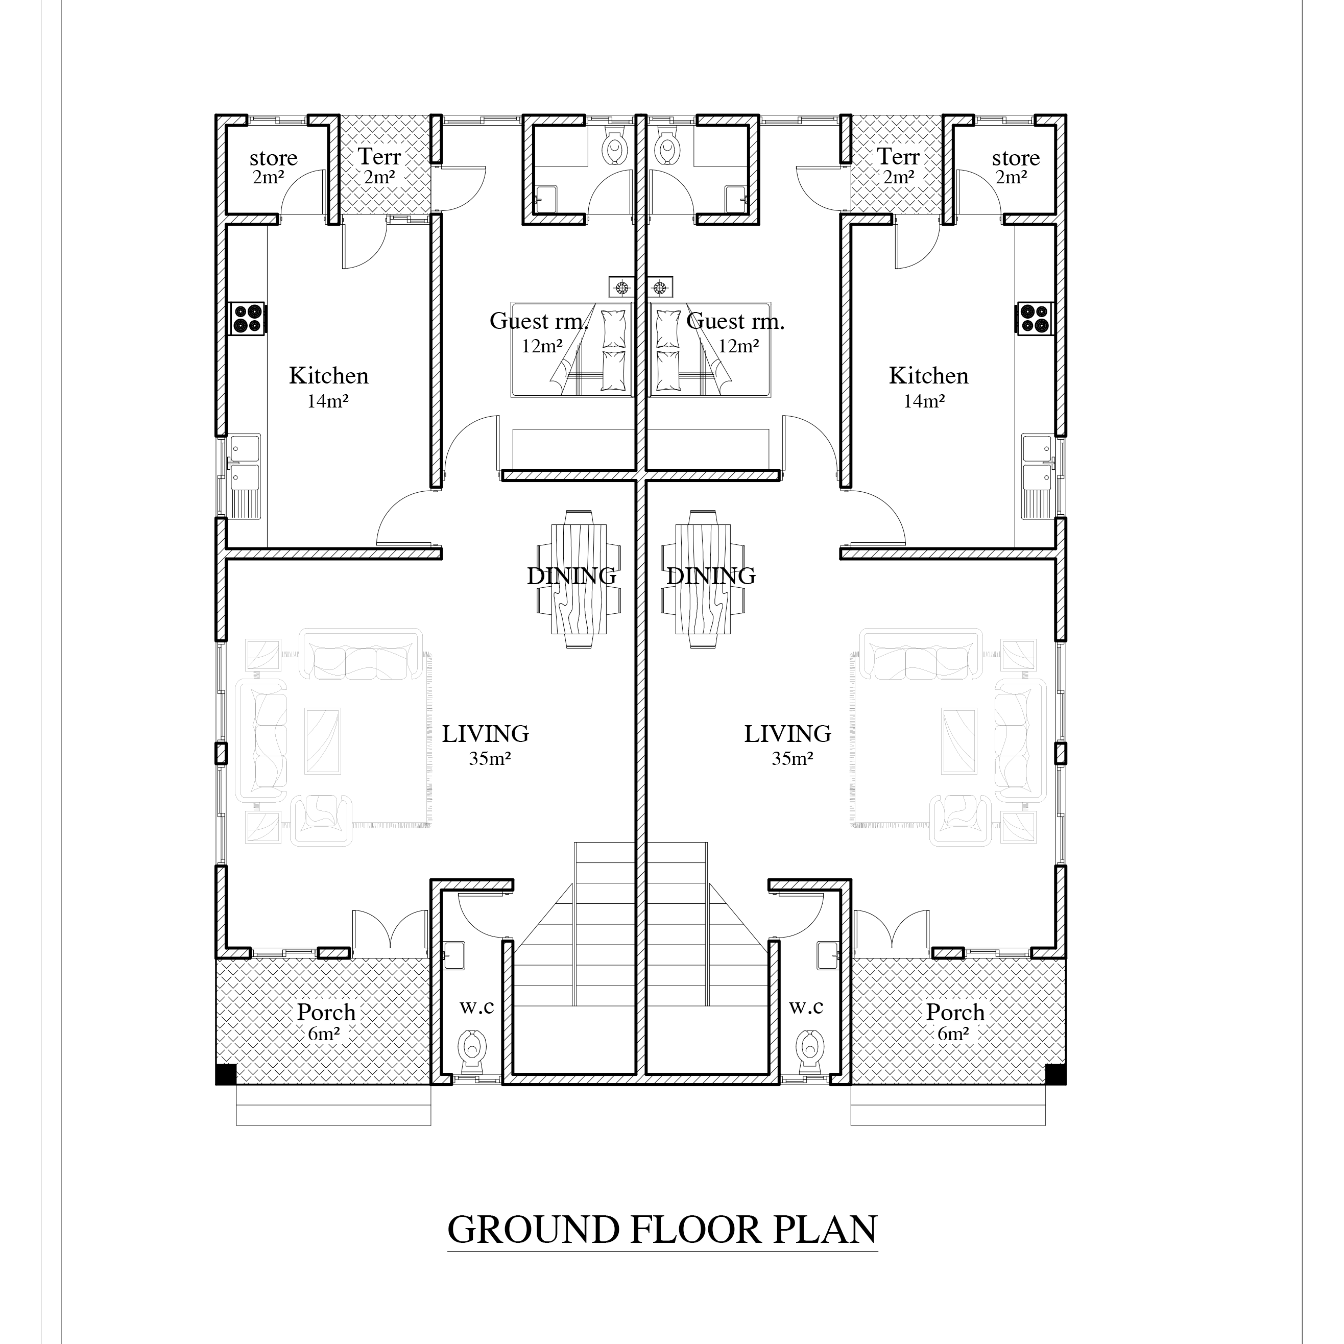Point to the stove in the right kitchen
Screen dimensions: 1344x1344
(x=1035, y=319)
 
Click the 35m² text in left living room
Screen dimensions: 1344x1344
(x=490, y=758)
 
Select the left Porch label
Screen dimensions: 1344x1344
(x=326, y=1012)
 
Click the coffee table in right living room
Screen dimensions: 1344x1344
(x=958, y=741)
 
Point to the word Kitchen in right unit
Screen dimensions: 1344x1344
(x=928, y=376)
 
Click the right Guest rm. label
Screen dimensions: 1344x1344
(x=735, y=321)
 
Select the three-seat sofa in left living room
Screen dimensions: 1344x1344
(x=361, y=654)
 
